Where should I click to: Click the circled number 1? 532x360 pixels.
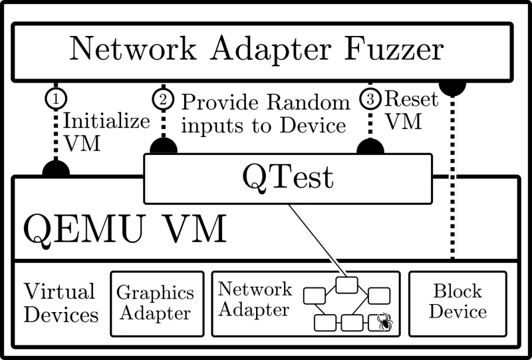[x=57, y=99]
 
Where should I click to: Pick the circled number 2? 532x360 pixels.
[x=163, y=99]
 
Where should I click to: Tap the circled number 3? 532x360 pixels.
[x=371, y=99]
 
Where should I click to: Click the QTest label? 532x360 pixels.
[x=287, y=178]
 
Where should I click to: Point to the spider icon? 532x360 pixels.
[x=384, y=323]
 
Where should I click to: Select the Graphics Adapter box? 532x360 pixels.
[x=156, y=303]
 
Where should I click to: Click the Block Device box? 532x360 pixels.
[x=458, y=303]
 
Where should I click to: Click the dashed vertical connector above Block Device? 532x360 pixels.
[x=453, y=176]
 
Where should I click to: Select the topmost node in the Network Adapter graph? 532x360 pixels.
[x=346, y=285]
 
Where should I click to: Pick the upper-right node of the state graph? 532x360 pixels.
[x=378, y=295]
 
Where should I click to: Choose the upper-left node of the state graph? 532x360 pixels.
[x=314, y=295]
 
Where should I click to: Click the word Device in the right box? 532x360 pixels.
[x=458, y=312]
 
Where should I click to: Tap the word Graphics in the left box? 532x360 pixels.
[x=156, y=293]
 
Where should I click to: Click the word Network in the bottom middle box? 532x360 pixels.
[x=255, y=289]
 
